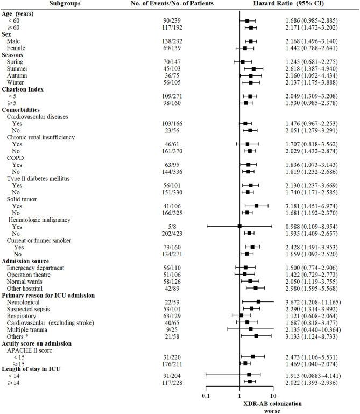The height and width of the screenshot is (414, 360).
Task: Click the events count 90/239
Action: pyautogui.click(x=172, y=20)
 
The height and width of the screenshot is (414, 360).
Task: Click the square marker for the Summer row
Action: pyautogui.click(x=253, y=69)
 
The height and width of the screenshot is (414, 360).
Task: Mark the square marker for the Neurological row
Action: pyautogui.click(x=258, y=302)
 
